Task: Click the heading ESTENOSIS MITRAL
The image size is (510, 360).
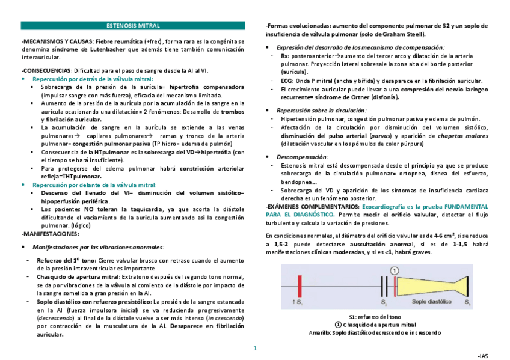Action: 133,26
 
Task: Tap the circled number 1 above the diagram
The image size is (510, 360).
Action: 394,271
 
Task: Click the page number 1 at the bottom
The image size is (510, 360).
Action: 254,348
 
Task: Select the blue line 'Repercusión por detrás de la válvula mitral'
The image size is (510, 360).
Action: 93,79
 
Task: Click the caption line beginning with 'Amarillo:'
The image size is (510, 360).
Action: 374,333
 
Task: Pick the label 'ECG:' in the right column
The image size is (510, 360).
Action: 287,79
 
